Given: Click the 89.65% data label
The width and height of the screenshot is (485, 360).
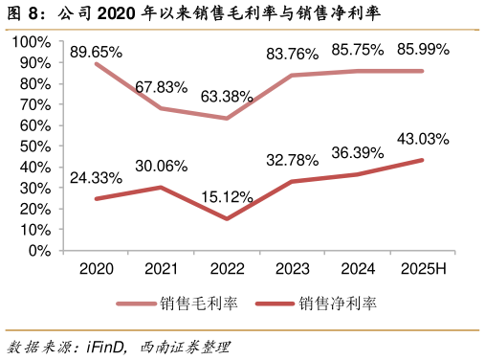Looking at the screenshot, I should point(96,53).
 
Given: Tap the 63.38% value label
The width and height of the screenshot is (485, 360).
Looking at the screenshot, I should point(227,96).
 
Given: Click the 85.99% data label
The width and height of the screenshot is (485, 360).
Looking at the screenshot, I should point(423,48).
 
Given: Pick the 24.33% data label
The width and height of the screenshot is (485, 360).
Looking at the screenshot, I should point(96,177).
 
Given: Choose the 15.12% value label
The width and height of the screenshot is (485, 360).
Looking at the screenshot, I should point(227,197).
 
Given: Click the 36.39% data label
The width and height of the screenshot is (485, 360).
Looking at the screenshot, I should point(357,152).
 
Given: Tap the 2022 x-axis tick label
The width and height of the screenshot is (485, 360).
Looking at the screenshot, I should point(227,270).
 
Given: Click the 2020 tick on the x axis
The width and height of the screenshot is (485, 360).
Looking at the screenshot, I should point(96,270).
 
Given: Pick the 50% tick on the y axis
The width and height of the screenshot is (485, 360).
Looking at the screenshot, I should point(35,146).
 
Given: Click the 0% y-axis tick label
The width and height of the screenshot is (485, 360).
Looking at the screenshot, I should point(39,251).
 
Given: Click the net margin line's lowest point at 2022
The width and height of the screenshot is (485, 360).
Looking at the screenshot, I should point(227,219).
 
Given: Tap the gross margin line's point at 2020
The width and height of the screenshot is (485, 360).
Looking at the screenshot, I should point(96,63).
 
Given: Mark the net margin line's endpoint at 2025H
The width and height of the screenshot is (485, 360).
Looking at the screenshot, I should point(423,160).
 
